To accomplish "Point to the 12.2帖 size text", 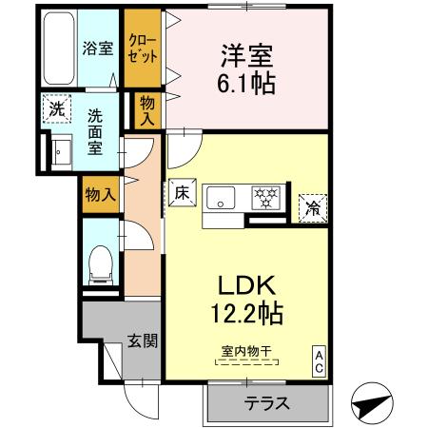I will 244,311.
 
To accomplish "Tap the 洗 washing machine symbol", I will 59,109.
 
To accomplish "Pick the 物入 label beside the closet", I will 147,109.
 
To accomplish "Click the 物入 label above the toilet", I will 100,195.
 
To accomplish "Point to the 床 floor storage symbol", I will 183,192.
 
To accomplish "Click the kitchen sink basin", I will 224,199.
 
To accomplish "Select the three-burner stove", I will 263,198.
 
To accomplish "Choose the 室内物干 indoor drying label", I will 244,351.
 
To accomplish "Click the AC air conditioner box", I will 319,360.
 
